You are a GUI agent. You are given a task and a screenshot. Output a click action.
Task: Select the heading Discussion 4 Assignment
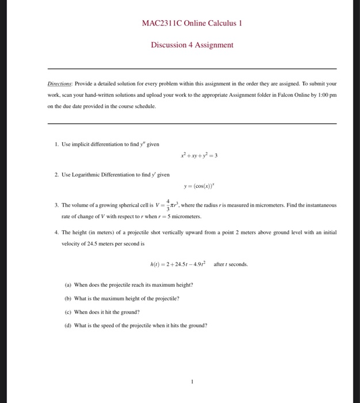tap(192, 45)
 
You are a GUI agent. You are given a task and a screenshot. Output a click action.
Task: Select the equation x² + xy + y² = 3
tap(199, 155)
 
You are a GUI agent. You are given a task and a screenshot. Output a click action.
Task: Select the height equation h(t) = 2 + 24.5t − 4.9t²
tap(175, 264)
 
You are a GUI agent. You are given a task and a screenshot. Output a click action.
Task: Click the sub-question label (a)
tap(68, 284)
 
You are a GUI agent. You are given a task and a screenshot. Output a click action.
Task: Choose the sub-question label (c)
tap(68, 312)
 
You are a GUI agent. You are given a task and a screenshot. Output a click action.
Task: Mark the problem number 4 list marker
tap(56, 233)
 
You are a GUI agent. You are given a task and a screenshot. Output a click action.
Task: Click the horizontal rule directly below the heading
tap(192, 69)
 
